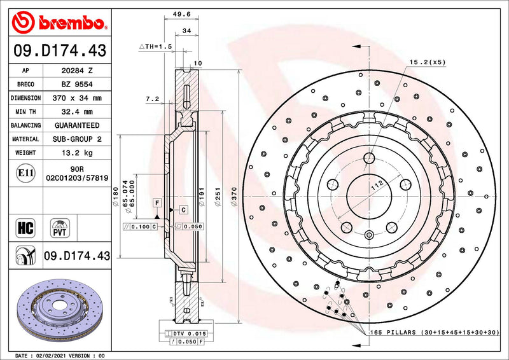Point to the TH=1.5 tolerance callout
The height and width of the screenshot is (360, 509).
(156, 47)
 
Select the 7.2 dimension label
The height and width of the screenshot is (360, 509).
(151, 99)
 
